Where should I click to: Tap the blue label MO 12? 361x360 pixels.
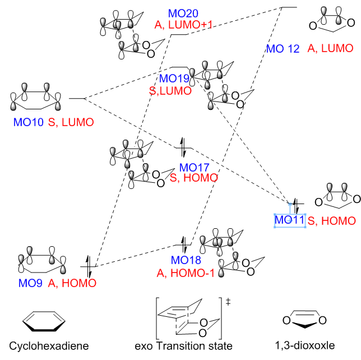(x=283, y=49)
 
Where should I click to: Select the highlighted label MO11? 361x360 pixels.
(x=289, y=220)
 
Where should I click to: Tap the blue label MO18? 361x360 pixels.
(x=186, y=260)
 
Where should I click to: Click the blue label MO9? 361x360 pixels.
(x=30, y=283)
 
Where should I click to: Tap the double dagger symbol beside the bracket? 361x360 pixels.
(x=228, y=302)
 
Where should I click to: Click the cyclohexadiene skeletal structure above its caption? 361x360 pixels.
(x=43, y=320)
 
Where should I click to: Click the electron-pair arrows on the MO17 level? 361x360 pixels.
(x=182, y=148)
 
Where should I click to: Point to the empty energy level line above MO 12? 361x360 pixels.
(x=288, y=7)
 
